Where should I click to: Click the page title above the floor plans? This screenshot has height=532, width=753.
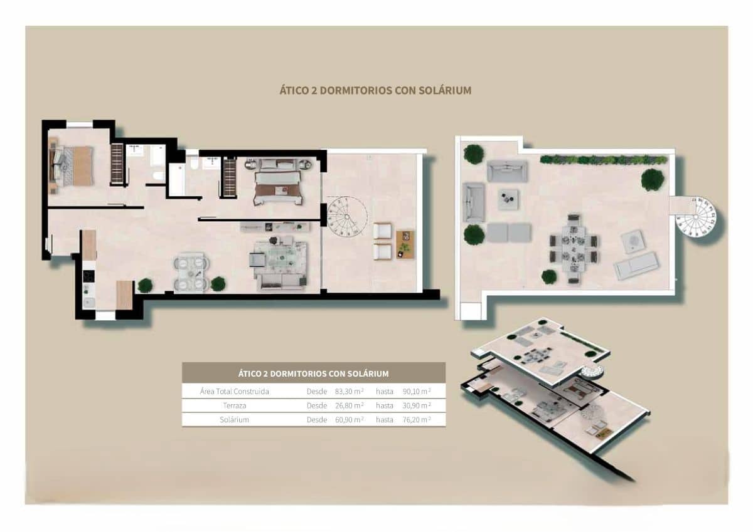375,90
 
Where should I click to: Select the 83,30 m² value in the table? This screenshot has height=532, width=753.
349,391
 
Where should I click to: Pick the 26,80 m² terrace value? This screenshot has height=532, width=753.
349,405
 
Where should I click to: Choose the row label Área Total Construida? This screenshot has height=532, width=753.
234,391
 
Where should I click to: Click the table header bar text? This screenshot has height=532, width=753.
313,373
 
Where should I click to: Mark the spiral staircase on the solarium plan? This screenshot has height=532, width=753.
696,216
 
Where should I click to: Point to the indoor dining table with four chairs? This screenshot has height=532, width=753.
190,272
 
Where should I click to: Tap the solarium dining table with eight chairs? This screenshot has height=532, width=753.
574,248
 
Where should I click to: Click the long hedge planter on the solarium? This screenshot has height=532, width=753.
603,160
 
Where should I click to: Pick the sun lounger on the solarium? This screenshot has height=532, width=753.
636,266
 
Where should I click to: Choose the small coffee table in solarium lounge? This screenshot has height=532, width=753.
508,199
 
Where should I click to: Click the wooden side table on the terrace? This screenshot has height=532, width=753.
405,244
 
